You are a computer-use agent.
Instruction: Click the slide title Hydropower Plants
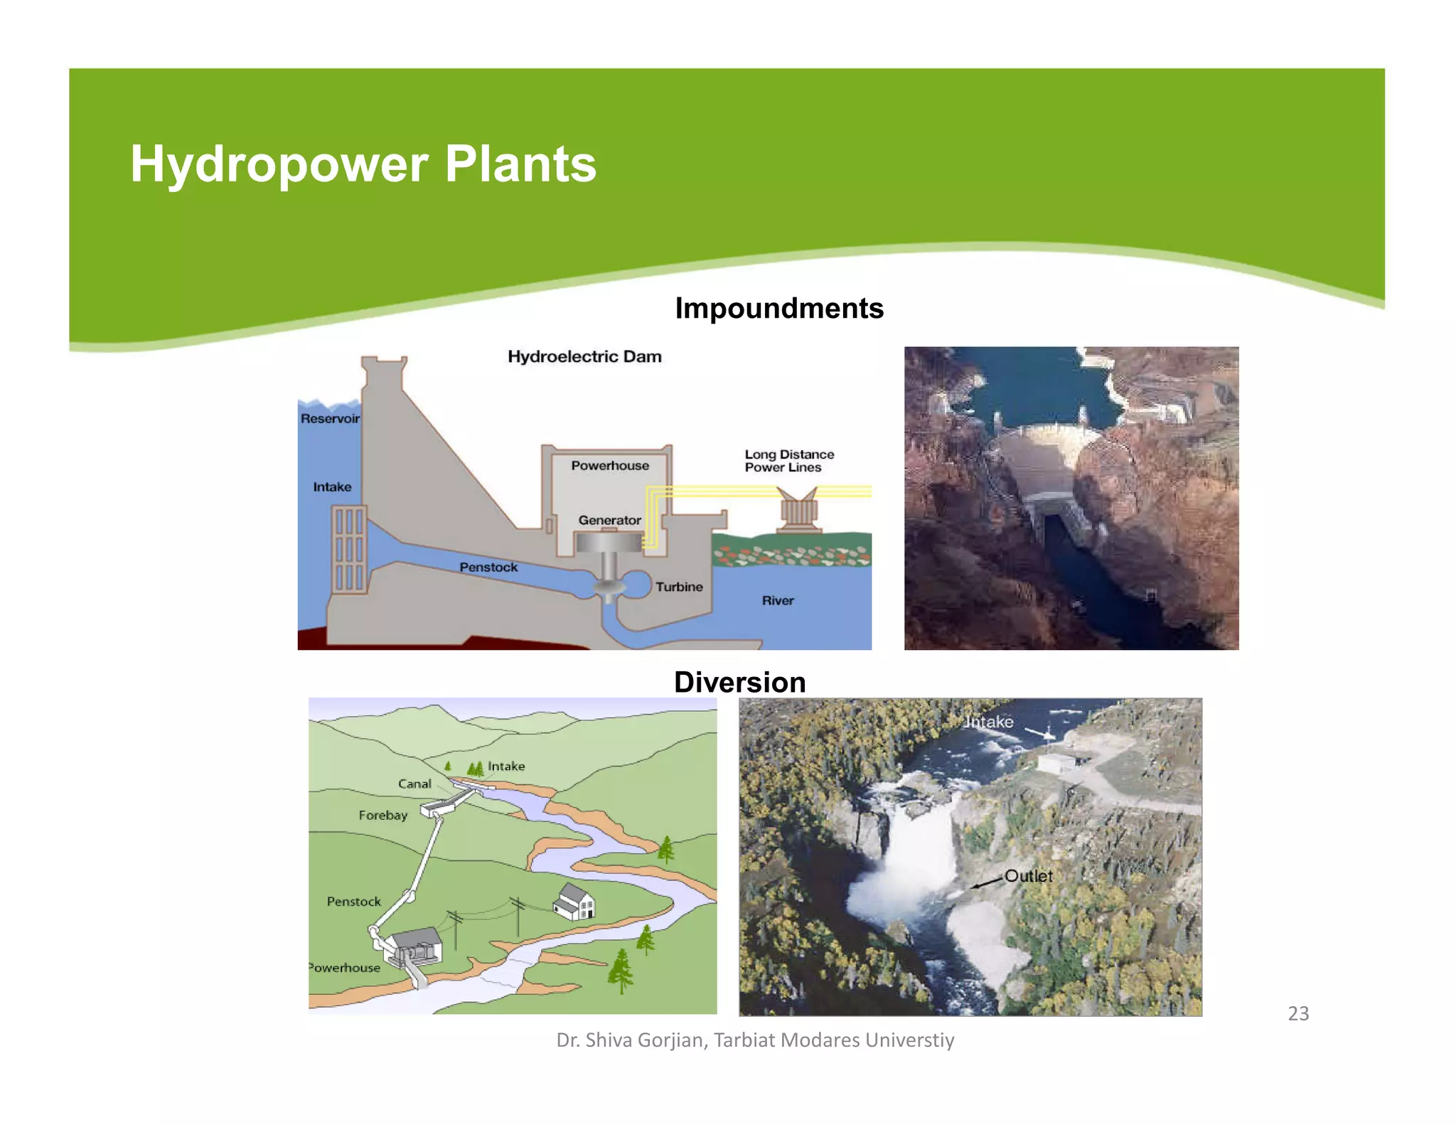click(363, 164)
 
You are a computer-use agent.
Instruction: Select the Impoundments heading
click(778, 309)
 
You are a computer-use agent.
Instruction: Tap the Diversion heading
click(739, 682)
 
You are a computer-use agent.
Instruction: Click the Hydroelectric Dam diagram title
click(584, 356)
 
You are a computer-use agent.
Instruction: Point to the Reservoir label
click(330, 419)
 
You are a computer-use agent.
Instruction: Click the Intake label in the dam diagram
click(332, 487)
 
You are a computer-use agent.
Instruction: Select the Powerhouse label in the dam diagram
click(610, 466)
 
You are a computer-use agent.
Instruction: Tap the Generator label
click(609, 521)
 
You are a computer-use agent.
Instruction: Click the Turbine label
click(679, 587)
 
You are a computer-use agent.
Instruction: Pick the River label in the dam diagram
click(778, 601)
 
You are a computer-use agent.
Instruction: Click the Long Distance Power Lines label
click(788, 461)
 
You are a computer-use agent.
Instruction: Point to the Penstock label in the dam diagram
click(488, 567)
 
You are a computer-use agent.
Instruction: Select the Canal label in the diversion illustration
click(414, 784)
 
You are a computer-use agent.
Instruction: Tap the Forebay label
click(382, 816)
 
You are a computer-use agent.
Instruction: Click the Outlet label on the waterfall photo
click(1028, 876)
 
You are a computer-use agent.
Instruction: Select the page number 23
click(1298, 1013)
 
